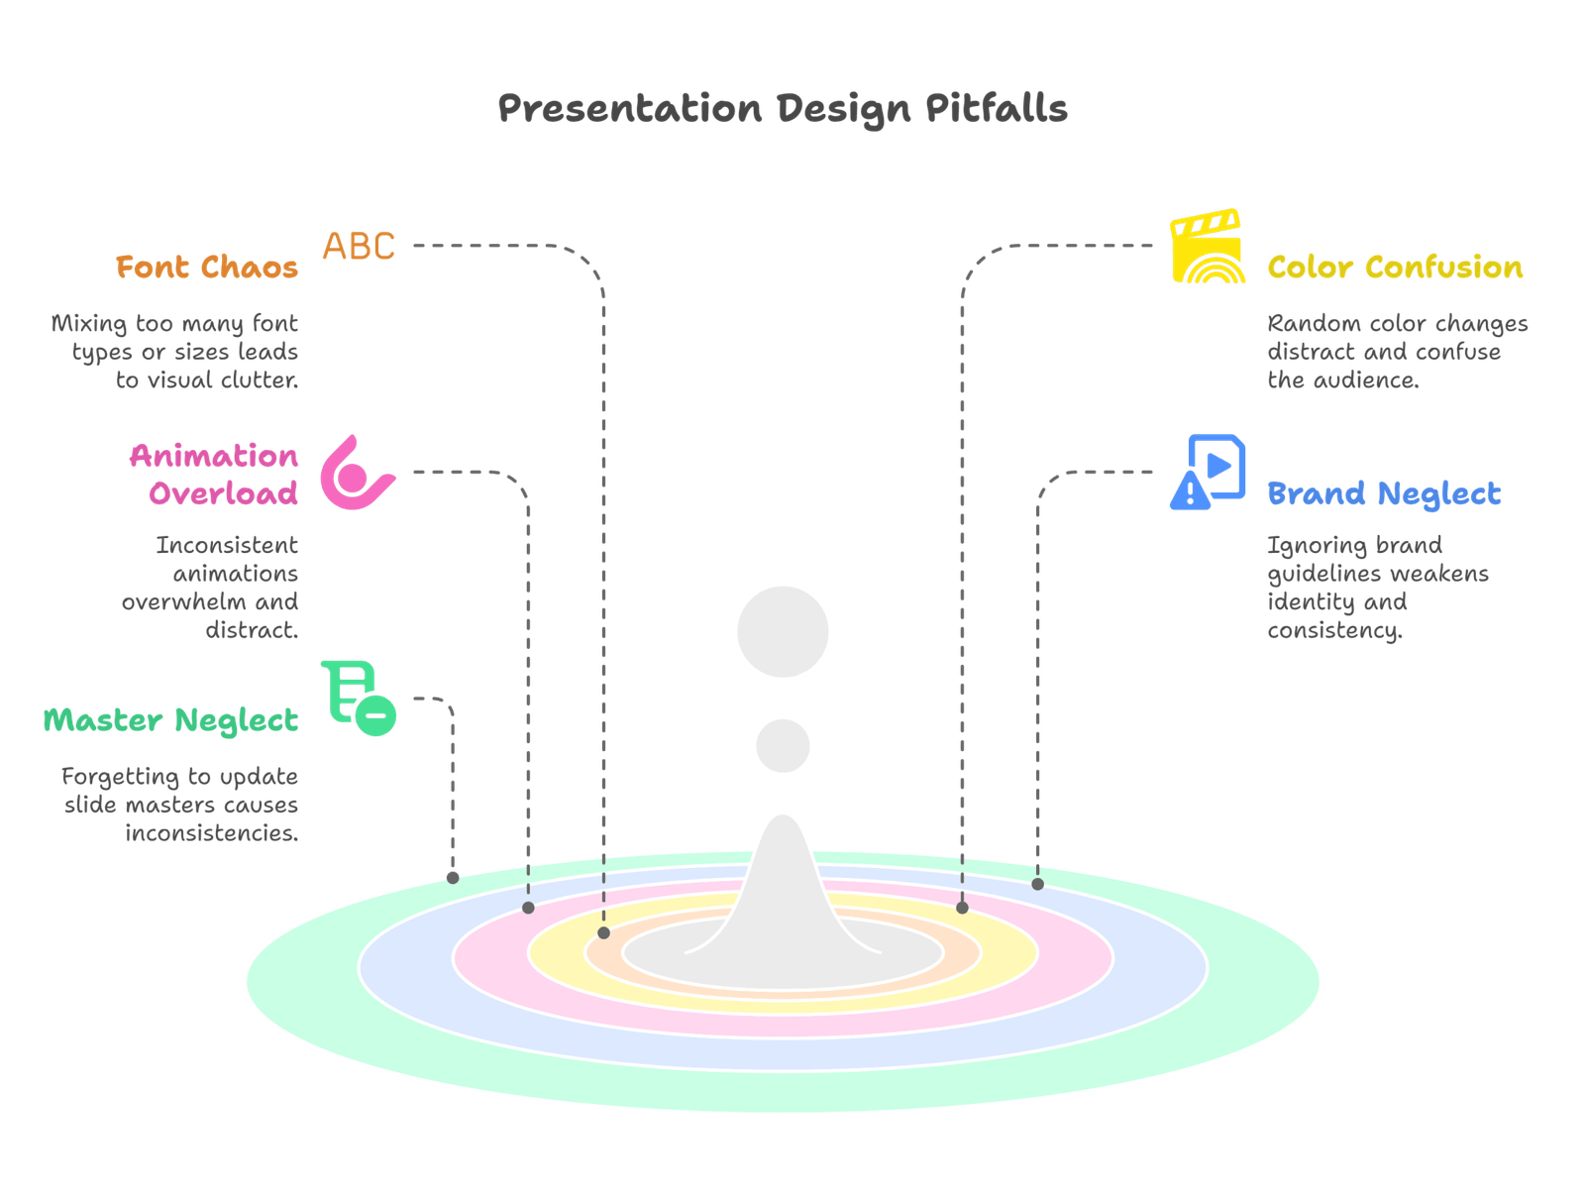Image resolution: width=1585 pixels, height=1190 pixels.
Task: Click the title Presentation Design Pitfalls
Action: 782,108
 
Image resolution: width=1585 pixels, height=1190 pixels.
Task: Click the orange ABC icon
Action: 359,245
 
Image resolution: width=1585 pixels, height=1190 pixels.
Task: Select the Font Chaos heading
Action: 207,268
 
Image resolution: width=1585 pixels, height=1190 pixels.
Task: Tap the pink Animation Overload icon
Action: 355,474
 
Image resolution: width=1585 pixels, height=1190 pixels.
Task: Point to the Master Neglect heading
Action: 170,720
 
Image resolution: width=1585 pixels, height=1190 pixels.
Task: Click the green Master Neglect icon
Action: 359,699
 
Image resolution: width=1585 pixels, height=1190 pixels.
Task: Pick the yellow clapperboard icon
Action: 1207,247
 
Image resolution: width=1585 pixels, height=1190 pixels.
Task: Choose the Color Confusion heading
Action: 1395,268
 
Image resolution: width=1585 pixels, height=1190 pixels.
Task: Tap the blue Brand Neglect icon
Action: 1209,472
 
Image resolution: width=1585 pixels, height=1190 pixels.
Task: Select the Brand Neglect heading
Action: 1384,493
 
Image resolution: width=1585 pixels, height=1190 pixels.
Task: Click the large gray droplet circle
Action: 783,632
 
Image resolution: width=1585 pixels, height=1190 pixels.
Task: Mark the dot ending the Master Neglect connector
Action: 453,878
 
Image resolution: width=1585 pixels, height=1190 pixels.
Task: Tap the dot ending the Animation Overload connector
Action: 528,908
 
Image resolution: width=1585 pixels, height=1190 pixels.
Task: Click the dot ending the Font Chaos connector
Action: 604,933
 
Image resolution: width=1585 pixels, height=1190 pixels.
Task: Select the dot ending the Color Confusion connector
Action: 962,908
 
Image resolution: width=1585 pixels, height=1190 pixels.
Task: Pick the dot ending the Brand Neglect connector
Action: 1037,884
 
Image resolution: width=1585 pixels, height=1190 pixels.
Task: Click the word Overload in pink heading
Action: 224,493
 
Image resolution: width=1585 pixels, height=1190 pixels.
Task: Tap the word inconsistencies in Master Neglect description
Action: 212,833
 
